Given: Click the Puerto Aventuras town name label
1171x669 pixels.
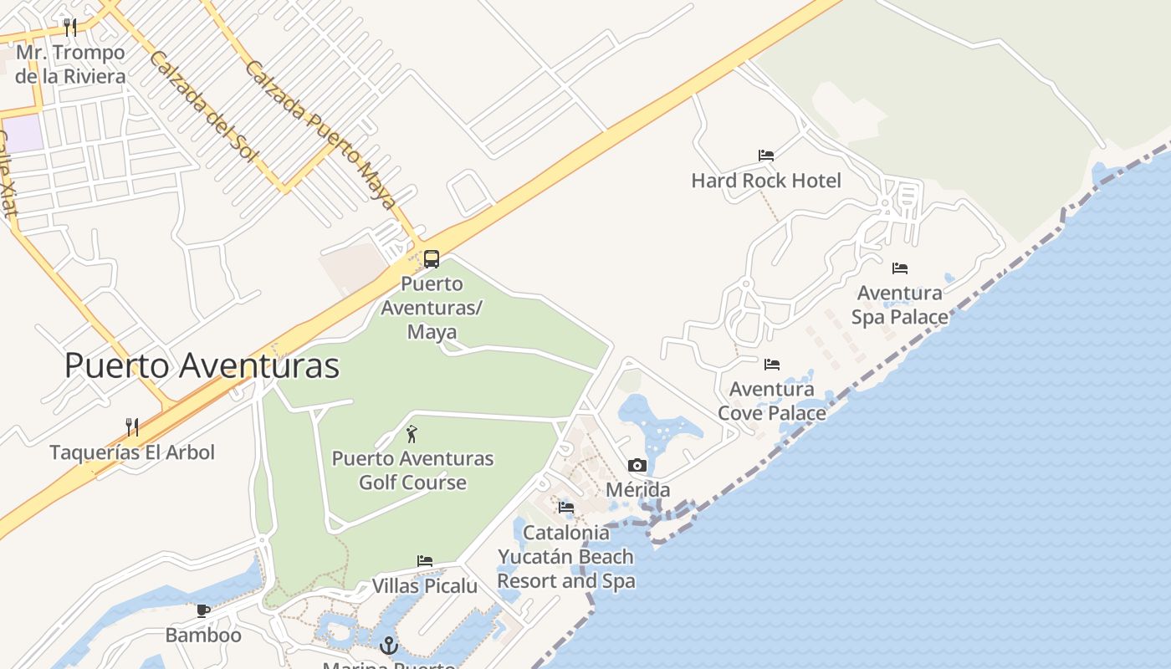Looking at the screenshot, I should (202, 366).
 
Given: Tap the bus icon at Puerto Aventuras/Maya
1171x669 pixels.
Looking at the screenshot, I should (432, 259).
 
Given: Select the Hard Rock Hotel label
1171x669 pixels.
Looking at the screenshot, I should (765, 181).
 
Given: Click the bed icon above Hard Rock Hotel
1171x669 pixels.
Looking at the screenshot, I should (765, 156).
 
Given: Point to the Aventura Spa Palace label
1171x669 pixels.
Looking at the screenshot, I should (900, 305).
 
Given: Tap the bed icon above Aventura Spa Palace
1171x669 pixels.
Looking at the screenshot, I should (900, 268).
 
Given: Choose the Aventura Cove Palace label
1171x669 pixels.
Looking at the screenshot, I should (771, 401).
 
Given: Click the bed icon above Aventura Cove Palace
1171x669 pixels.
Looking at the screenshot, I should (771, 365).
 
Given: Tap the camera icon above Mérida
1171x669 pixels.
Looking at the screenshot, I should (637, 465).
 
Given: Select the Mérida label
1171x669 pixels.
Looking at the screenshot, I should (637, 490).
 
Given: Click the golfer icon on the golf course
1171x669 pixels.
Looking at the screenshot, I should (411, 434).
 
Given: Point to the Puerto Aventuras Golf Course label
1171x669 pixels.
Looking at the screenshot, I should (412, 470).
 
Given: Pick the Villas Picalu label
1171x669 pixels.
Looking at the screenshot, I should (425, 585).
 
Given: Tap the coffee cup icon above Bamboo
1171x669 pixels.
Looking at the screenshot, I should (202, 610).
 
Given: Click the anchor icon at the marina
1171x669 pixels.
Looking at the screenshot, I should (388, 646).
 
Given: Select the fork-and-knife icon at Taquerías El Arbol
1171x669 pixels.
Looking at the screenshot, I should (131, 427).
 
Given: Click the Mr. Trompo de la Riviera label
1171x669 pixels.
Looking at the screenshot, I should (70, 64).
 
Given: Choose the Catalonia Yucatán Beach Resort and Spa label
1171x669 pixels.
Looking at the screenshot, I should (566, 557).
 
